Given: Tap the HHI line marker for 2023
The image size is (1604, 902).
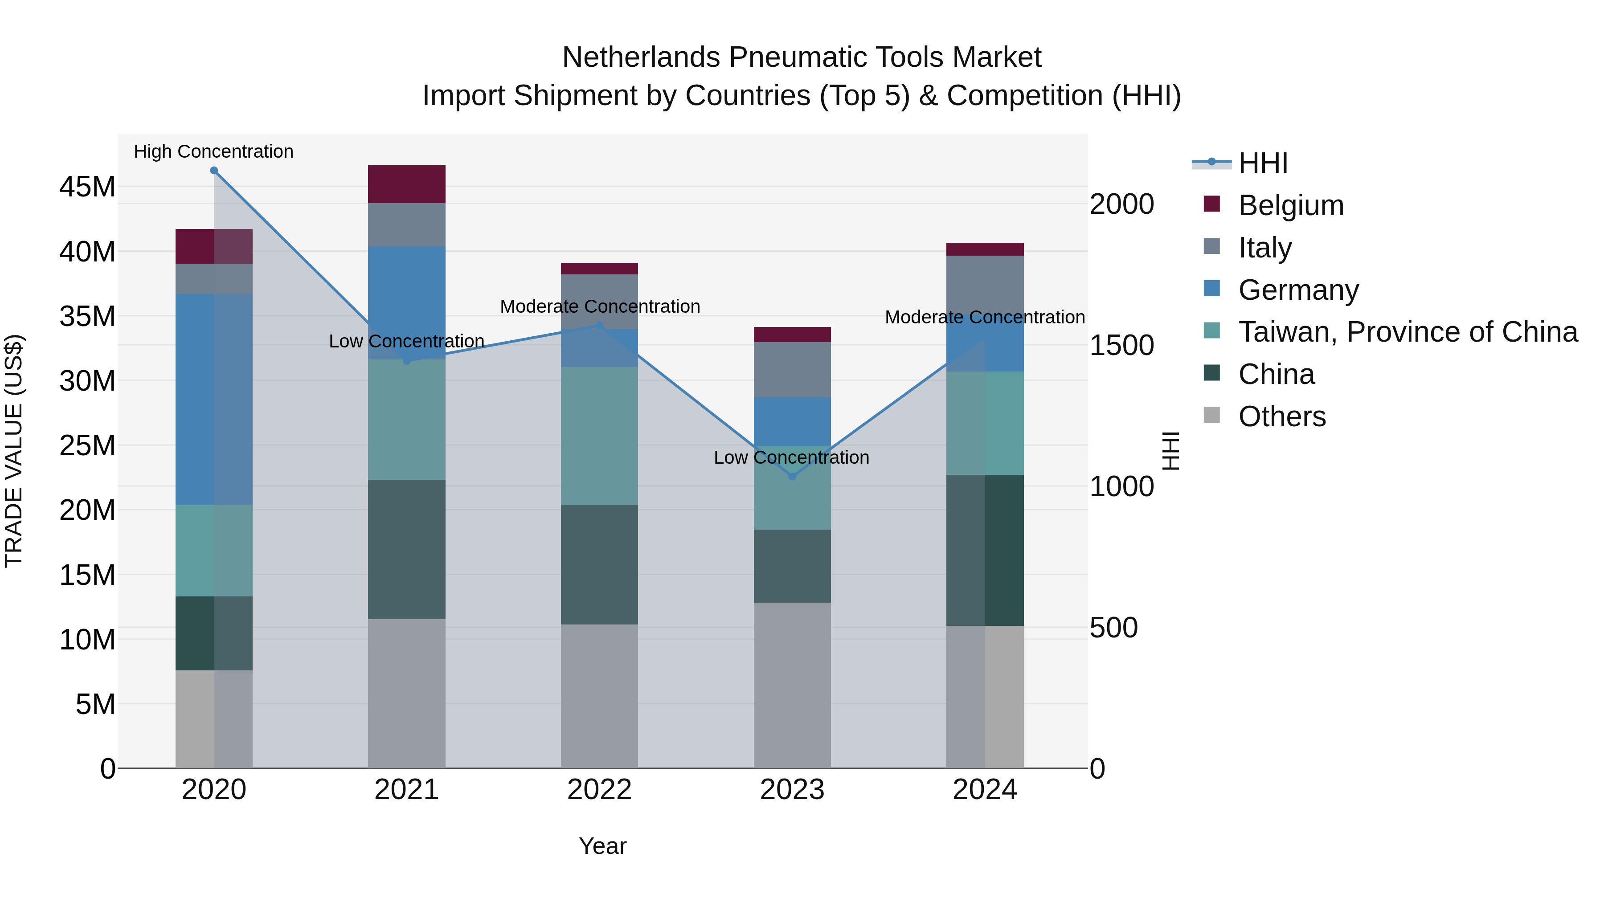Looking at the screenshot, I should click(x=792, y=477).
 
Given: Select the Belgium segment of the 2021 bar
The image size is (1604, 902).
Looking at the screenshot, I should click(x=407, y=184).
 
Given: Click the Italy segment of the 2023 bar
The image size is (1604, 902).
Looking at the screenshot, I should click(x=792, y=369).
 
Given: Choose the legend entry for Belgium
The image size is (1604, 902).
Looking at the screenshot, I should click(x=1290, y=205).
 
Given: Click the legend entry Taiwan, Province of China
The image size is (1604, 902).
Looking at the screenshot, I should click(x=1407, y=332).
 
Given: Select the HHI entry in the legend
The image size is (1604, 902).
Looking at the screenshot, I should click(x=1263, y=163).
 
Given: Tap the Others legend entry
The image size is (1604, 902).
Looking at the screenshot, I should click(x=1281, y=416).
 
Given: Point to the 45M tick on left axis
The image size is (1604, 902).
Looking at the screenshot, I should click(x=87, y=187).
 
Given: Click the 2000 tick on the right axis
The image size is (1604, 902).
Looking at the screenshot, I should click(x=1121, y=204).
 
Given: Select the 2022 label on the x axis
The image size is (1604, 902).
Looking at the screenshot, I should click(x=599, y=790).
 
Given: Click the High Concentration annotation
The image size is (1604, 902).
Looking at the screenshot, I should click(x=213, y=151).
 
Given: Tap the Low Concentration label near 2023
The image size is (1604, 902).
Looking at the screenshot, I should click(x=791, y=457).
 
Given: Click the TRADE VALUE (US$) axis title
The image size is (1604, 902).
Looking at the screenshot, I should click(x=14, y=451).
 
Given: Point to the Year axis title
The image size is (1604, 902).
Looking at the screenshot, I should click(x=602, y=846).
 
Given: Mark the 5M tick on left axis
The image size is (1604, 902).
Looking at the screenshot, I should click(x=95, y=705).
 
